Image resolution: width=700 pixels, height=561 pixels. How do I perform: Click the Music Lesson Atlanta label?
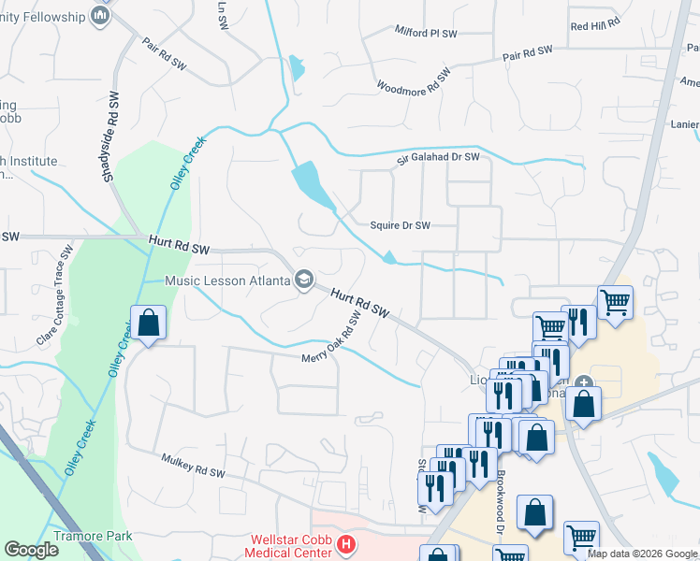pyautogui.click(x=227, y=280)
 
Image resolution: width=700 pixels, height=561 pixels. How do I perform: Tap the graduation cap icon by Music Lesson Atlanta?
pyautogui.click(x=304, y=280)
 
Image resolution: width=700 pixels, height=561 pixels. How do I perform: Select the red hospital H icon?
pyautogui.click(x=345, y=543)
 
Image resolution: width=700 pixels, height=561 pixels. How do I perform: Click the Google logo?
pyautogui.click(x=32, y=550)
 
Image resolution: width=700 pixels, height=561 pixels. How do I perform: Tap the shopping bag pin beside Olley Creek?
pyautogui.click(x=148, y=324)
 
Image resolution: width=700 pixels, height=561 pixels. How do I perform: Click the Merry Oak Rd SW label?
pyautogui.click(x=332, y=339)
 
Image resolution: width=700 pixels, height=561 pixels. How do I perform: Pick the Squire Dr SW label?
pyautogui.click(x=401, y=225)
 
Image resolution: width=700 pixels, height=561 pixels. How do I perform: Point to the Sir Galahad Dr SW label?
pyautogui.click(x=438, y=158)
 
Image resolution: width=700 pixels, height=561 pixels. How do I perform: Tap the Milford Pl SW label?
pyautogui.click(x=425, y=33)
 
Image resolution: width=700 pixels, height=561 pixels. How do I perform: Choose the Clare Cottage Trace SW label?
pyautogui.click(x=55, y=296)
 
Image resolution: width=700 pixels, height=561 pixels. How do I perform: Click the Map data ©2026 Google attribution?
pyautogui.click(x=642, y=554)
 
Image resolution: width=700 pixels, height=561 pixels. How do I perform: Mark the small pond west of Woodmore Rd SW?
pyautogui.click(x=298, y=67)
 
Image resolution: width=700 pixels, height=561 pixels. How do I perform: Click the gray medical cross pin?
pyautogui.click(x=584, y=381)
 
